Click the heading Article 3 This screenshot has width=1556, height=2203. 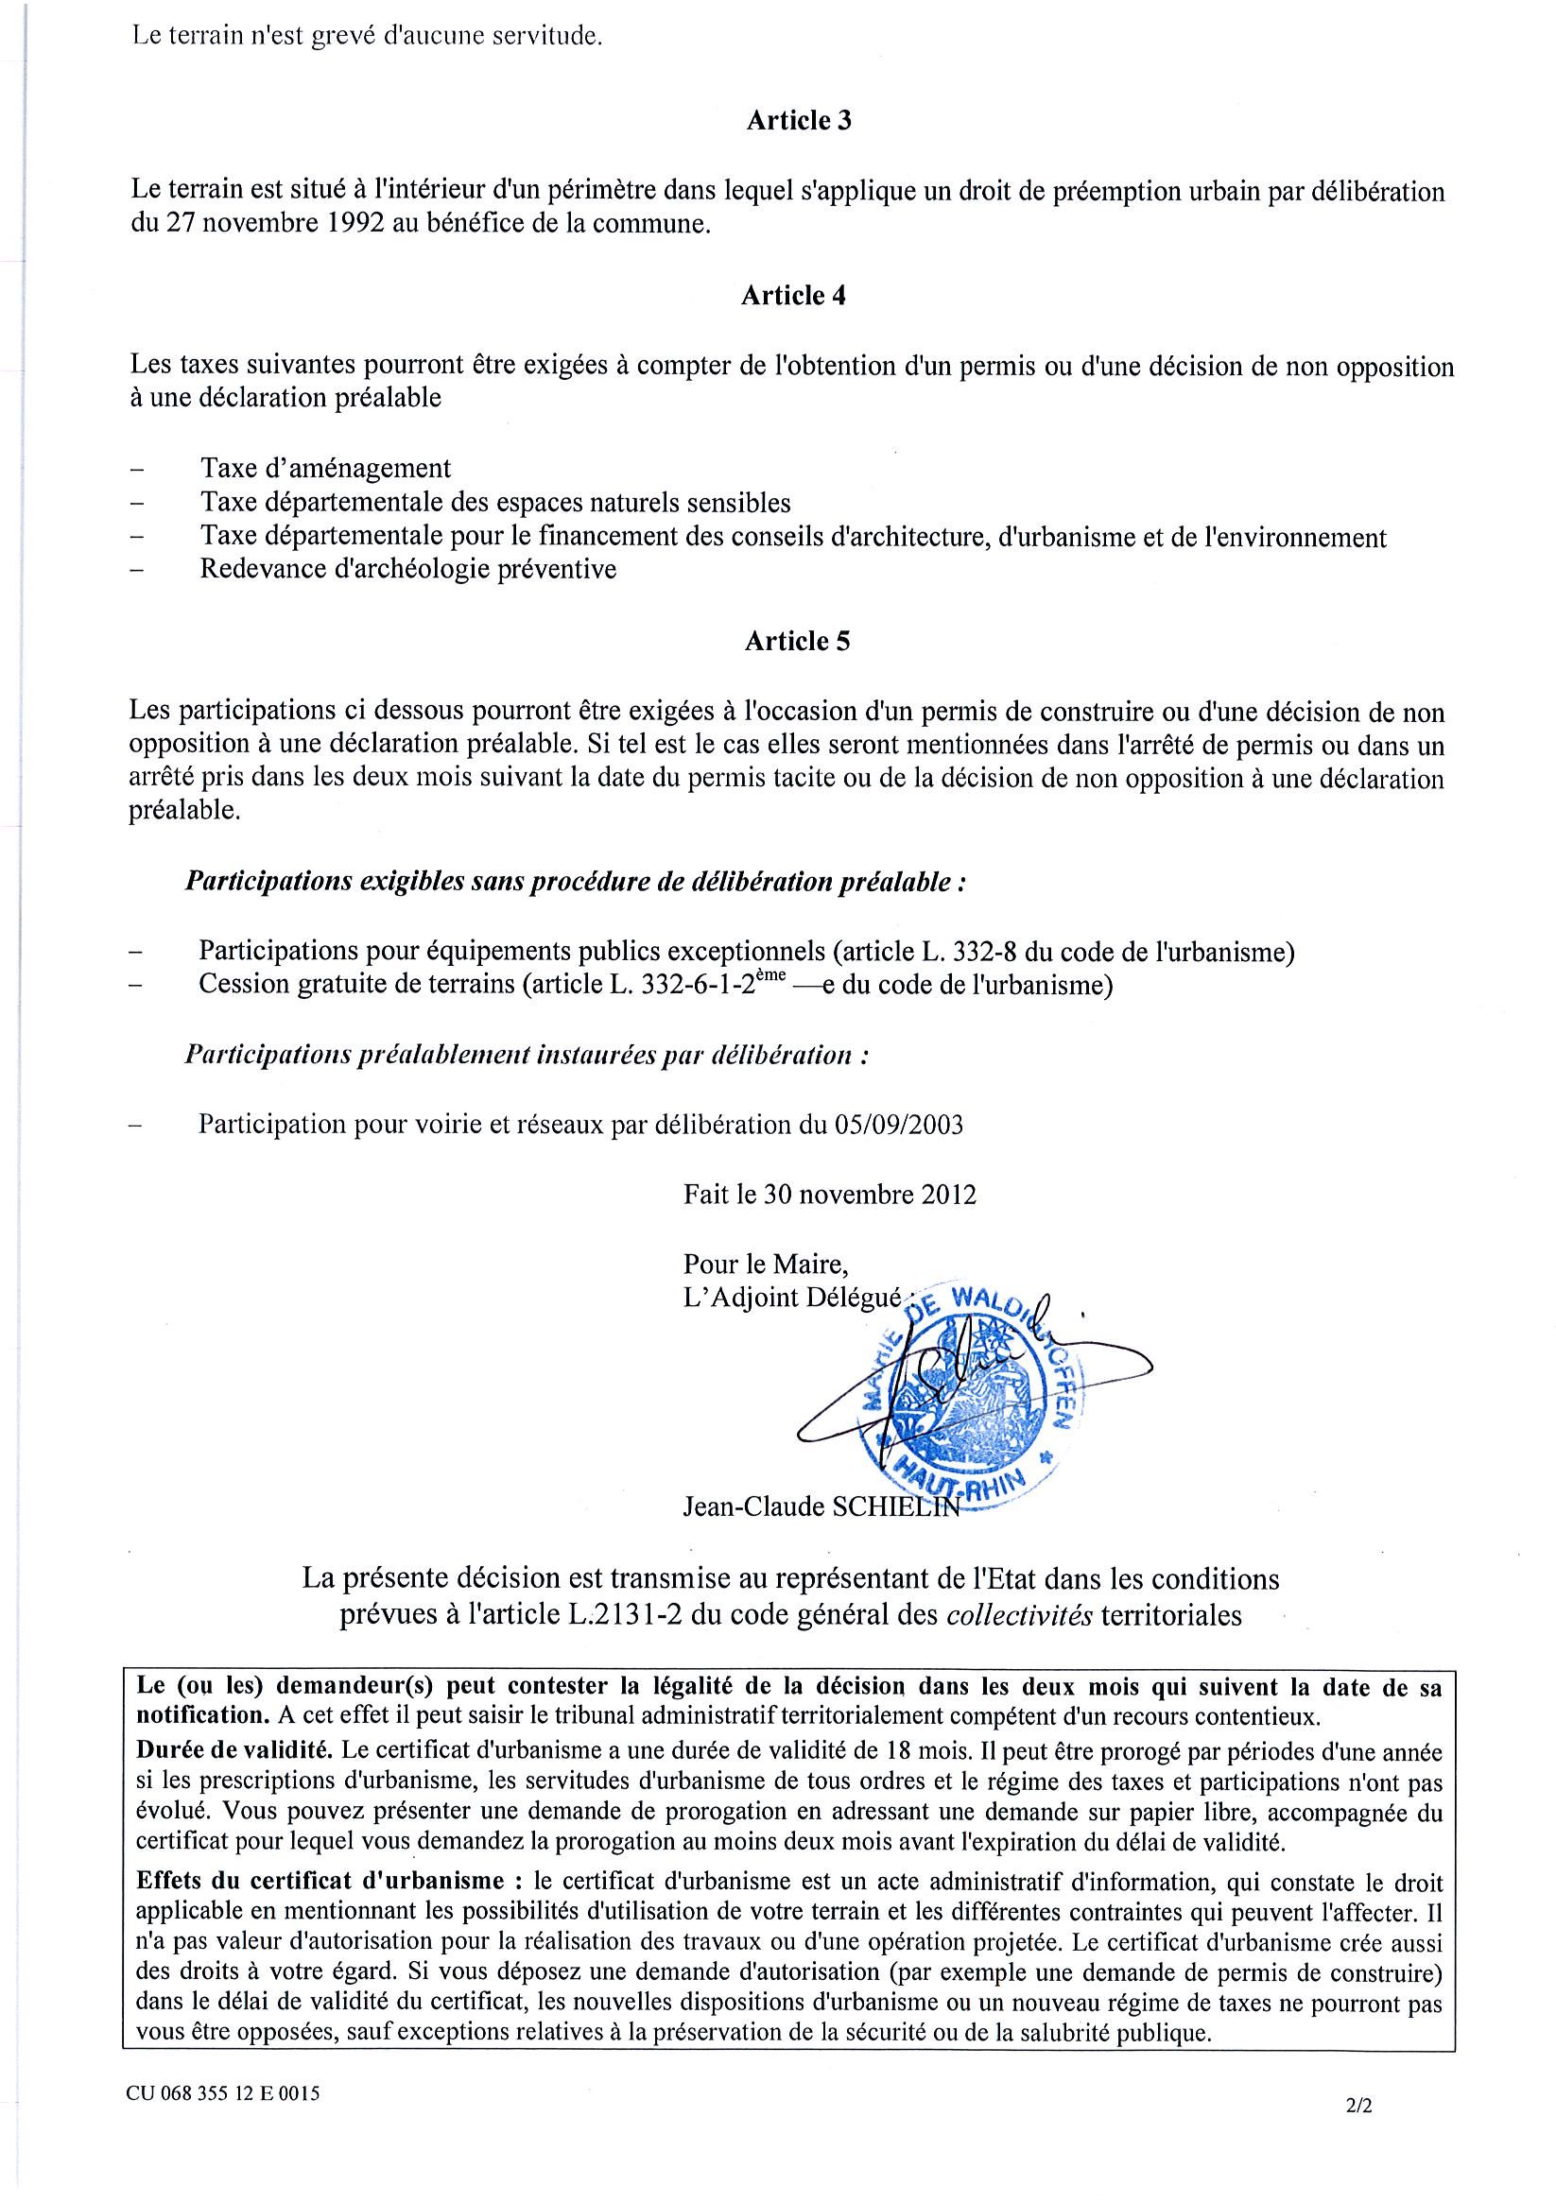798,121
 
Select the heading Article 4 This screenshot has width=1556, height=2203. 793,296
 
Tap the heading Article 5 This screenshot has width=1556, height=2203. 797,642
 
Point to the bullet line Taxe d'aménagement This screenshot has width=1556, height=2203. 325,468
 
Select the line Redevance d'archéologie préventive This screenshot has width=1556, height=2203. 408,569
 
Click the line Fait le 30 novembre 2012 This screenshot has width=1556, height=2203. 829,1195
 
